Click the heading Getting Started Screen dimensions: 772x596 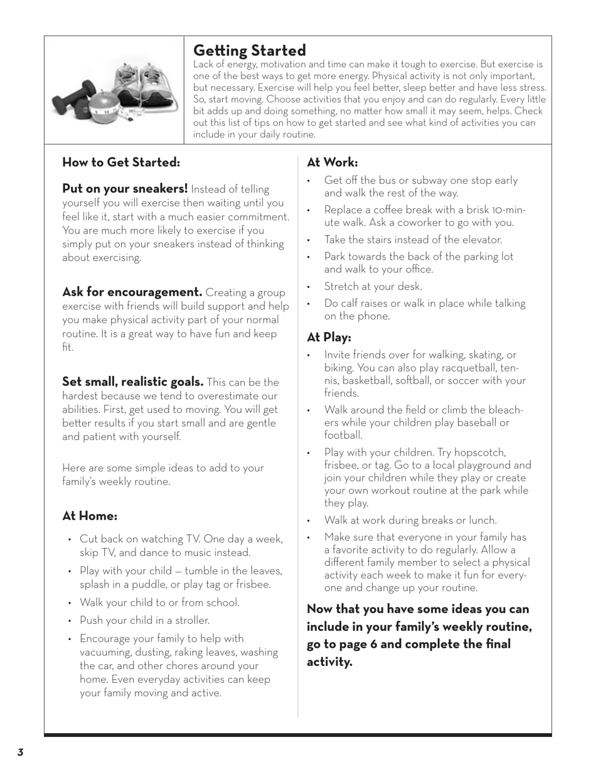coord(249,51)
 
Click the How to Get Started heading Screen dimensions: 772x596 coord(121,163)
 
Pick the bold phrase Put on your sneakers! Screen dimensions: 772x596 coord(125,189)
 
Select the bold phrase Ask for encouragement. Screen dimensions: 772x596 coord(132,292)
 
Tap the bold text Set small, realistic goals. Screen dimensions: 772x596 coord(132,382)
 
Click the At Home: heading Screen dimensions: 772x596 coord(90,517)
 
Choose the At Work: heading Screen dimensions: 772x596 coord(333,163)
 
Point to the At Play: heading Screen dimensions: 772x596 coord(329,338)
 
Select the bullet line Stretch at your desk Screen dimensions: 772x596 coord(373,287)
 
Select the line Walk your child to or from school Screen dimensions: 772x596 coord(159,603)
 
